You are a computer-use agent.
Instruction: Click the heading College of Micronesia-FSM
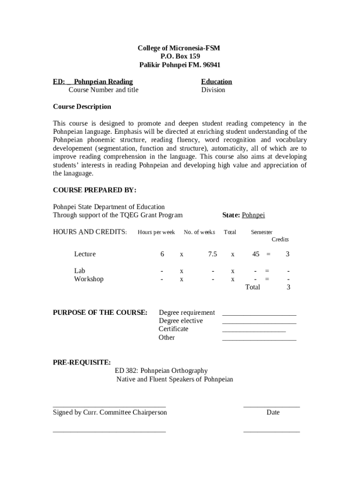179,48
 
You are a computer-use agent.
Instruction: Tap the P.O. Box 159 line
180,57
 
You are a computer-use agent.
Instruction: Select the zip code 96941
210,65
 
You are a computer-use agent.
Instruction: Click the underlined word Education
216,81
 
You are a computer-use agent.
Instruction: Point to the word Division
213,90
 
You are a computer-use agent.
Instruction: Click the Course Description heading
82,107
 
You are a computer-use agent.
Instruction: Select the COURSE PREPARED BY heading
94,190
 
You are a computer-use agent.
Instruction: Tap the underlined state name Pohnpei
253,215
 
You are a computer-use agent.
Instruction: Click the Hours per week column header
156,232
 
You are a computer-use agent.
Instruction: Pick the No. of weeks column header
199,232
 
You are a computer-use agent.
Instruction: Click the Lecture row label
85,254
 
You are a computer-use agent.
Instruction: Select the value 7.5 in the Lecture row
213,254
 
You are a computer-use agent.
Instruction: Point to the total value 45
256,254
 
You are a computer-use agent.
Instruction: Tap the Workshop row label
89,279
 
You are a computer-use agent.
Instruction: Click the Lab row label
79,271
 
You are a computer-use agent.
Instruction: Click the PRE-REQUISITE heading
82,363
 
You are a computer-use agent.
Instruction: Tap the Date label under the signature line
273,413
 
